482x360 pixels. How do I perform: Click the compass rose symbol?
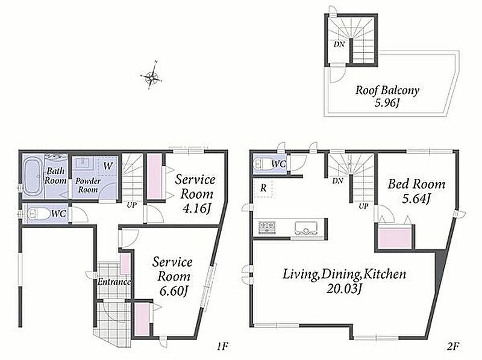(x=151, y=76)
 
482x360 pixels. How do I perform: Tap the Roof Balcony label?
(x=387, y=90)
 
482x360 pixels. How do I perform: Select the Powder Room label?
(x=88, y=185)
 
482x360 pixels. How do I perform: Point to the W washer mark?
(x=108, y=166)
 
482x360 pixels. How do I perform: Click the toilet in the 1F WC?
(x=38, y=214)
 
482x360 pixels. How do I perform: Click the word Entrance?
(x=114, y=282)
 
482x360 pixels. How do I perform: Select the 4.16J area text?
(x=196, y=209)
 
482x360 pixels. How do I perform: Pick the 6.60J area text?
(x=174, y=291)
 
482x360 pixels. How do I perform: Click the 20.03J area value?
(x=343, y=289)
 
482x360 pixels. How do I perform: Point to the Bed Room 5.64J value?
(x=416, y=199)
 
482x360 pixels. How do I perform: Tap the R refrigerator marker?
(x=263, y=188)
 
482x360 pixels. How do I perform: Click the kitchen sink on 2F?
(x=305, y=228)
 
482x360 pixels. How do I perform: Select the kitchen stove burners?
(x=267, y=227)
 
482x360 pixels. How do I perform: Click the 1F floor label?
(x=222, y=347)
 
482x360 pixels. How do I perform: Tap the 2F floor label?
(x=453, y=347)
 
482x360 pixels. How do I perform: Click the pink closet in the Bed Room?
(x=395, y=237)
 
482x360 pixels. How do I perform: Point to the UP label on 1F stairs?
(x=132, y=205)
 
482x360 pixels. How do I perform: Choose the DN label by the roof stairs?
(x=339, y=44)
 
